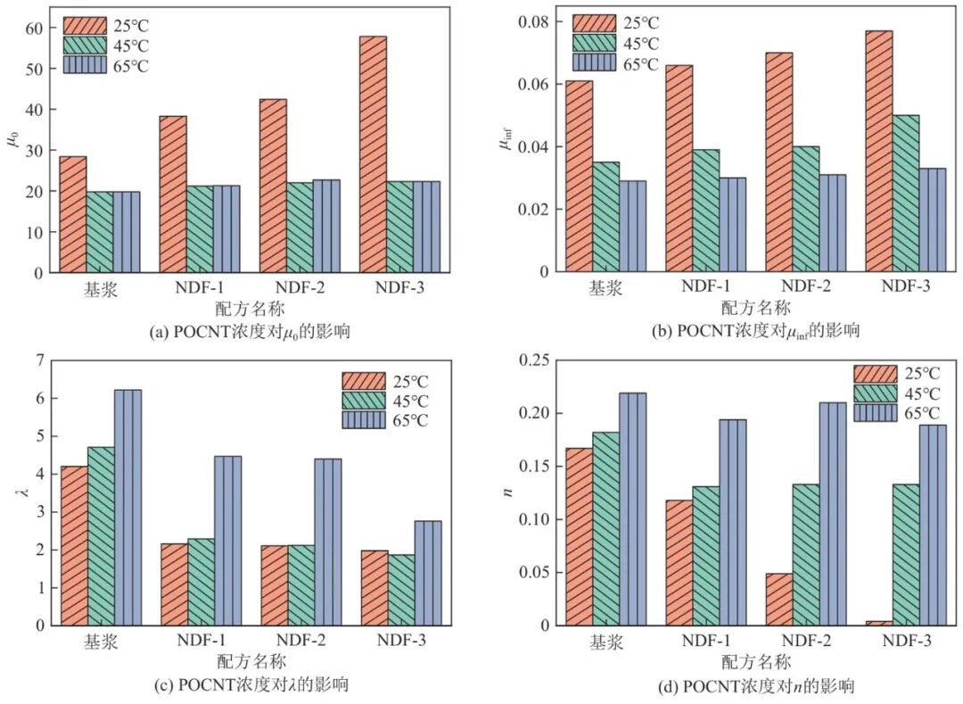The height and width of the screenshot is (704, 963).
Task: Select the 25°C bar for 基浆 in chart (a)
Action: pos(72,214)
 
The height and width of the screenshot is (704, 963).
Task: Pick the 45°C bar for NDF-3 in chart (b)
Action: pos(906,193)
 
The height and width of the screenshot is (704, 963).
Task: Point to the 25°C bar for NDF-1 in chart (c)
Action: pos(174,584)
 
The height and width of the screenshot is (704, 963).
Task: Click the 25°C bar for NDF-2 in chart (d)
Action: pos(778,599)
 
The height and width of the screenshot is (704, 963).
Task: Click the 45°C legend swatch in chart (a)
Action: pos(86,43)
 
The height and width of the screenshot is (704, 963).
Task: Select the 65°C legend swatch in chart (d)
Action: pos(876,413)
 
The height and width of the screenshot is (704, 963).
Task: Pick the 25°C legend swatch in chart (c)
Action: pos(364,381)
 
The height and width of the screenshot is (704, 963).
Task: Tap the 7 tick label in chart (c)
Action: pos(37,360)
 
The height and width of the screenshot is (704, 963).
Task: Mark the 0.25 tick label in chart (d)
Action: pos(531,360)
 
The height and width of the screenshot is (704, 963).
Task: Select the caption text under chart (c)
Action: pos(251,685)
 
